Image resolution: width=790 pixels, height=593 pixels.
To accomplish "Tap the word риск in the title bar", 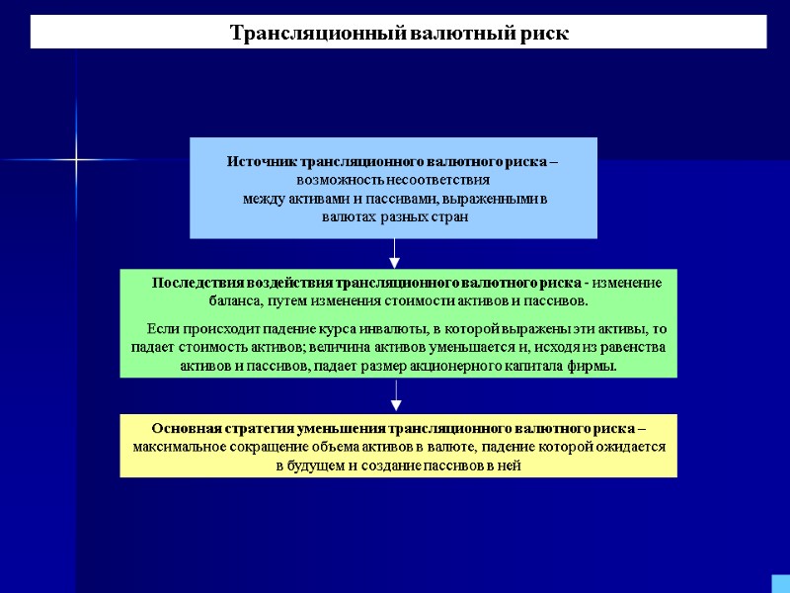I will (x=546, y=33).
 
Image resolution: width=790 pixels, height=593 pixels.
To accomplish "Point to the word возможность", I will (x=341, y=181).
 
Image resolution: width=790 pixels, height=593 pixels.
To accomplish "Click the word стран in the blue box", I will (x=448, y=216).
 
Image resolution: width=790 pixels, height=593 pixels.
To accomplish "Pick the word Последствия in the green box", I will (x=195, y=284).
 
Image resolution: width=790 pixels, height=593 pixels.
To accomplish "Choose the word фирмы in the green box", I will (x=596, y=366).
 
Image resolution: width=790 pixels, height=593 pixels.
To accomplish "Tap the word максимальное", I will (x=178, y=447).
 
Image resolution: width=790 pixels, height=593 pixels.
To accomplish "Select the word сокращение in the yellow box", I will (x=265, y=447).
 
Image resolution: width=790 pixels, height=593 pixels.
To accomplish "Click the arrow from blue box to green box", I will (x=394, y=255).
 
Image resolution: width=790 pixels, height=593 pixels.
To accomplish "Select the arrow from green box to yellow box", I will (x=396, y=397).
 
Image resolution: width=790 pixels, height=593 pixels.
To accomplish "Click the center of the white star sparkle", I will (x=76, y=159).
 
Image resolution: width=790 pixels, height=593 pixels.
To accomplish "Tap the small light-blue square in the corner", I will (x=780, y=583).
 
